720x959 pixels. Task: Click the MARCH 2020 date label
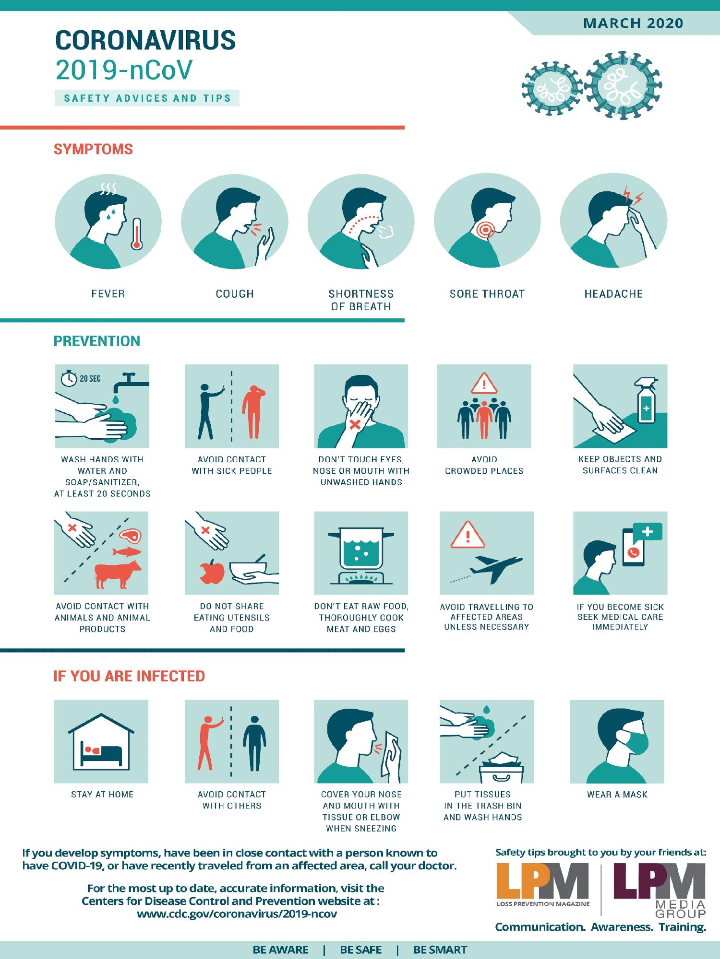pos(633,23)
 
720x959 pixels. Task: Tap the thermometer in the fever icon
pos(137,234)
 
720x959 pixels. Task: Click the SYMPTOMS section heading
pos(93,149)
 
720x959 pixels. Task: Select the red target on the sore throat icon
pos(486,230)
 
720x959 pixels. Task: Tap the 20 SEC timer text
pos(90,379)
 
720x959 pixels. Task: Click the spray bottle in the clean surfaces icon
pos(646,402)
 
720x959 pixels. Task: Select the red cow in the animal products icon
pos(118,573)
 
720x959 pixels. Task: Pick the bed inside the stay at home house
pos(103,753)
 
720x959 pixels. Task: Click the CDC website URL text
pos(237,914)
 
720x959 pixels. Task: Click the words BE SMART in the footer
pos(440,950)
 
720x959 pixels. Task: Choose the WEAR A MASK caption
pos(617,795)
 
